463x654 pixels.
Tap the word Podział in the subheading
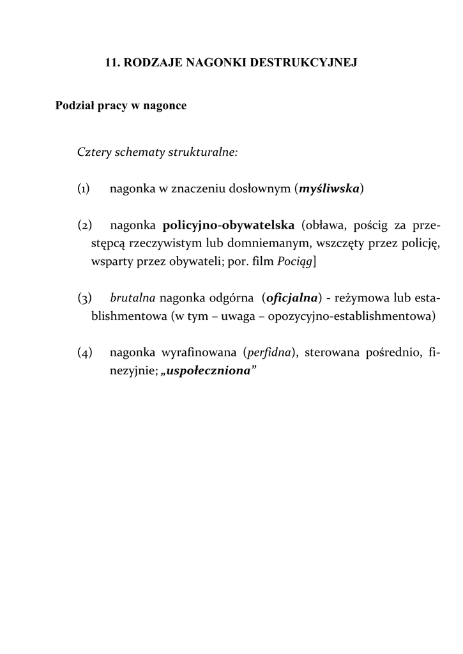[x=75, y=106]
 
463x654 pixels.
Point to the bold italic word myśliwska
[x=330, y=189]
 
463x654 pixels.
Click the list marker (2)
[x=84, y=225]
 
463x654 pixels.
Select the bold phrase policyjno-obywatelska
[x=229, y=225]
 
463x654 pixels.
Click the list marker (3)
[x=84, y=298]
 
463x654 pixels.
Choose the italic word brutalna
[x=133, y=298]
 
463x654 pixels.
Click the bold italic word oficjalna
[x=292, y=298]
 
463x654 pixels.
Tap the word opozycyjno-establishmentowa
[x=359, y=316]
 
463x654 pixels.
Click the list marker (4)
[x=84, y=353]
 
